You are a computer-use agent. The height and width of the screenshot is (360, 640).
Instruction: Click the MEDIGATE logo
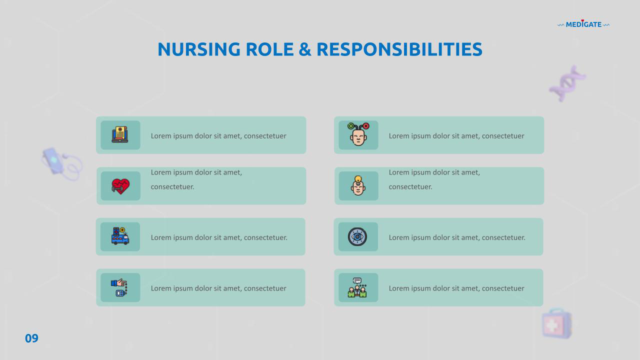[583, 24]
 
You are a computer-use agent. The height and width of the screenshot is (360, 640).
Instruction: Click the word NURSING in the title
[199, 49]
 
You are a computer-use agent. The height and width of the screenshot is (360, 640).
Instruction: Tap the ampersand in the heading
[305, 49]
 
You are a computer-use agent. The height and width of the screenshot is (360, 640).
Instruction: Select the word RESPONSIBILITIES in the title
[399, 49]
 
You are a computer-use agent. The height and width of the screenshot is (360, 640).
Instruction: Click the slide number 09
[31, 338]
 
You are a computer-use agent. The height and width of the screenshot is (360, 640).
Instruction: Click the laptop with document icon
[120, 134]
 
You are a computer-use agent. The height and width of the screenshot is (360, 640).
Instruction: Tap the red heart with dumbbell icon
[120, 186]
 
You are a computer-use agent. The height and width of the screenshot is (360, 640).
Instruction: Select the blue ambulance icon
[120, 236]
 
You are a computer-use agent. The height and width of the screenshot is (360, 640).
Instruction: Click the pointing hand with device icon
[119, 287]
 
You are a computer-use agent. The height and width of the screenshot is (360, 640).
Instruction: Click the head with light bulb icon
[358, 185]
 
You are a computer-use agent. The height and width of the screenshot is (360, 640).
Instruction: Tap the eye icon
[357, 237]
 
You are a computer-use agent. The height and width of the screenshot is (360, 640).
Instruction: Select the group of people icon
[357, 287]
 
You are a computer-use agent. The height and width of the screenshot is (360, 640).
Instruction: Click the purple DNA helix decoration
[567, 83]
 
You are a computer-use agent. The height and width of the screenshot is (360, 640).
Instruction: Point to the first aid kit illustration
[557, 323]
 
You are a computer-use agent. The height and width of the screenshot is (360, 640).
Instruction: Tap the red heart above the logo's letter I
[582, 20]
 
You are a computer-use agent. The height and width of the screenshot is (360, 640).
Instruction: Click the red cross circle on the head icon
[366, 126]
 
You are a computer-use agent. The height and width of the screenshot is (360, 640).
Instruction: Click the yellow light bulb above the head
[358, 179]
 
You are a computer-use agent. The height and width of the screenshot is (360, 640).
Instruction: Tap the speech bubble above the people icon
[357, 280]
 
